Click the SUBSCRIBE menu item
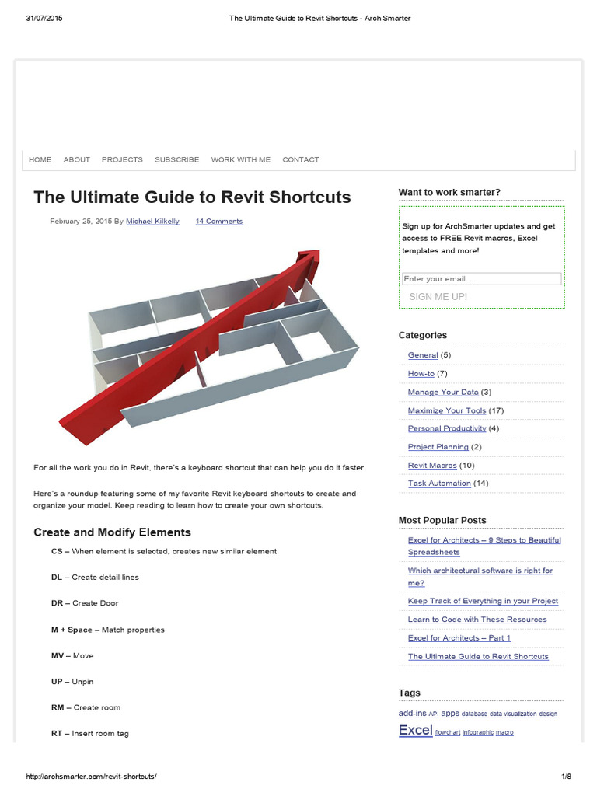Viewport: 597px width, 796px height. point(176,159)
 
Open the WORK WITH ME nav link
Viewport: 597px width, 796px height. point(241,159)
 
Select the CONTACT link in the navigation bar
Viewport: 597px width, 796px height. point(301,159)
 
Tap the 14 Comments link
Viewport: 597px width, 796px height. point(219,222)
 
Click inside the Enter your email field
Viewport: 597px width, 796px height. point(481,278)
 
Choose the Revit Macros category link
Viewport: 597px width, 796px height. point(432,466)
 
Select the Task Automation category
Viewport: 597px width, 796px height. point(439,484)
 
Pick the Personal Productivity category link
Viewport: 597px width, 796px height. point(447,428)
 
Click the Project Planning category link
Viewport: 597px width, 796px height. point(438,447)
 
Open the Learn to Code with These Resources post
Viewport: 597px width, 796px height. point(477,620)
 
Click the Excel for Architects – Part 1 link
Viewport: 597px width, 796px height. point(459,638)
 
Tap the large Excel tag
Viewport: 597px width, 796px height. point(415,730)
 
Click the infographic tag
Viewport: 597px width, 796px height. point(477,732)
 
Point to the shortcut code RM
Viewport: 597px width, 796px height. point(57,708)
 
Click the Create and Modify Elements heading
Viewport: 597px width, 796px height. point(112,532)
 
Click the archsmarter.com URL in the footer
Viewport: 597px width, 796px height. point(96,777)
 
